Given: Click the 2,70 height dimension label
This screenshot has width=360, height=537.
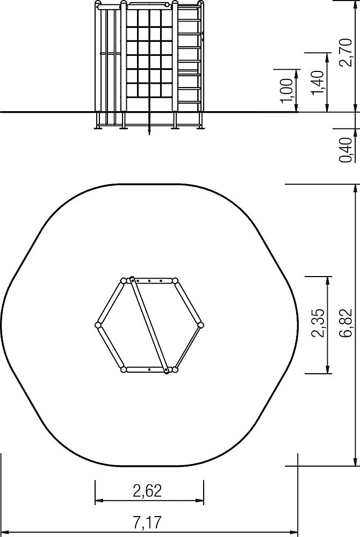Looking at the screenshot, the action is point(345,52).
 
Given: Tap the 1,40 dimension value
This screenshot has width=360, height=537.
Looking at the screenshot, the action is point(317,82).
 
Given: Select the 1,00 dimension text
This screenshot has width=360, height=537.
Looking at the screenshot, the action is point(286,90).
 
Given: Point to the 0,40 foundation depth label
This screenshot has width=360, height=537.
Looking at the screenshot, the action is point(345,150).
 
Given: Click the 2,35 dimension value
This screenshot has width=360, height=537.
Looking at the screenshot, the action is point(317,323).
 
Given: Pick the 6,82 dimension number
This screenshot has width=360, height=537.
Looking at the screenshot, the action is point(345,323).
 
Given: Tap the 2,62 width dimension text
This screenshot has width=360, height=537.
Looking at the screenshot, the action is point(147,491).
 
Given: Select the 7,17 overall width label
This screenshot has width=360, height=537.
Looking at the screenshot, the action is point(147,523).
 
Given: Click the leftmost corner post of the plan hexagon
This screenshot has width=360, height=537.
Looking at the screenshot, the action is point(98,325).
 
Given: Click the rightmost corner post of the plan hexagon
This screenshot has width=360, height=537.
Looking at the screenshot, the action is point(200,325).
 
